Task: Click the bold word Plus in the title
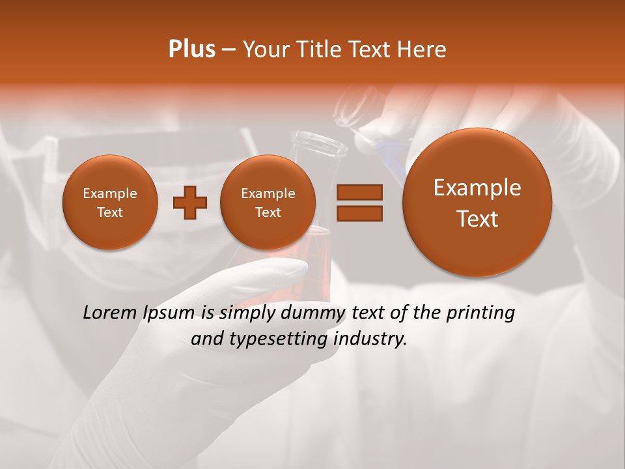tap(192, 50)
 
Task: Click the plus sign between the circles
tap(190, 203)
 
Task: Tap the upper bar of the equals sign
tap(359, 192)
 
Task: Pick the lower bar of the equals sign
tap(359, 213)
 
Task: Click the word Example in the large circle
tap(477, 188)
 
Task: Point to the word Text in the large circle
tap(477, 219)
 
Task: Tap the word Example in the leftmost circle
tap(109, 193)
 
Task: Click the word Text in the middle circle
tap(268, 212)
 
